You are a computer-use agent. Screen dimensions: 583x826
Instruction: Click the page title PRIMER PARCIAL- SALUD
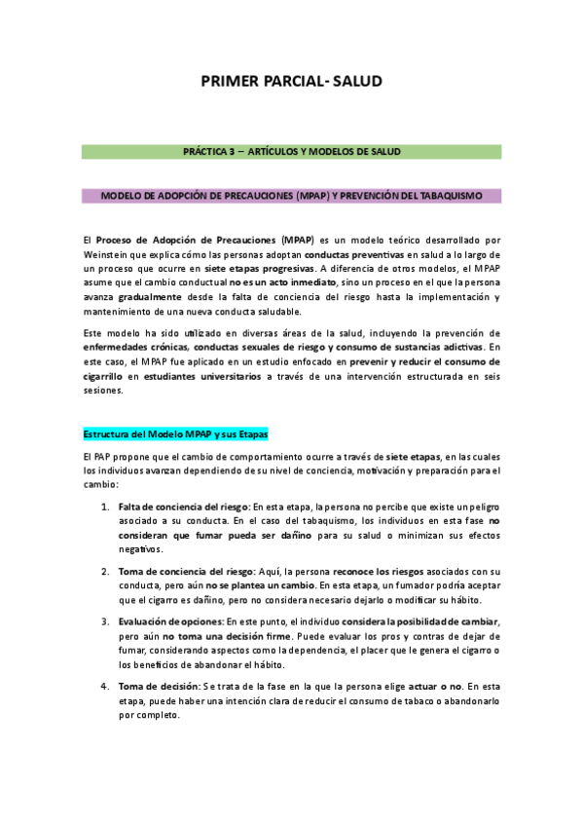(x=291, y=82)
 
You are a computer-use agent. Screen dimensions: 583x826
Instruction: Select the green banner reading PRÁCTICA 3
(x=291, y=152)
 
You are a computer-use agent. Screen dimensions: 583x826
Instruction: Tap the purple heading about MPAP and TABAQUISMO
(x=291, y=196)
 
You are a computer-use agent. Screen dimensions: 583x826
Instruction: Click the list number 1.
(x=105, y=507)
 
